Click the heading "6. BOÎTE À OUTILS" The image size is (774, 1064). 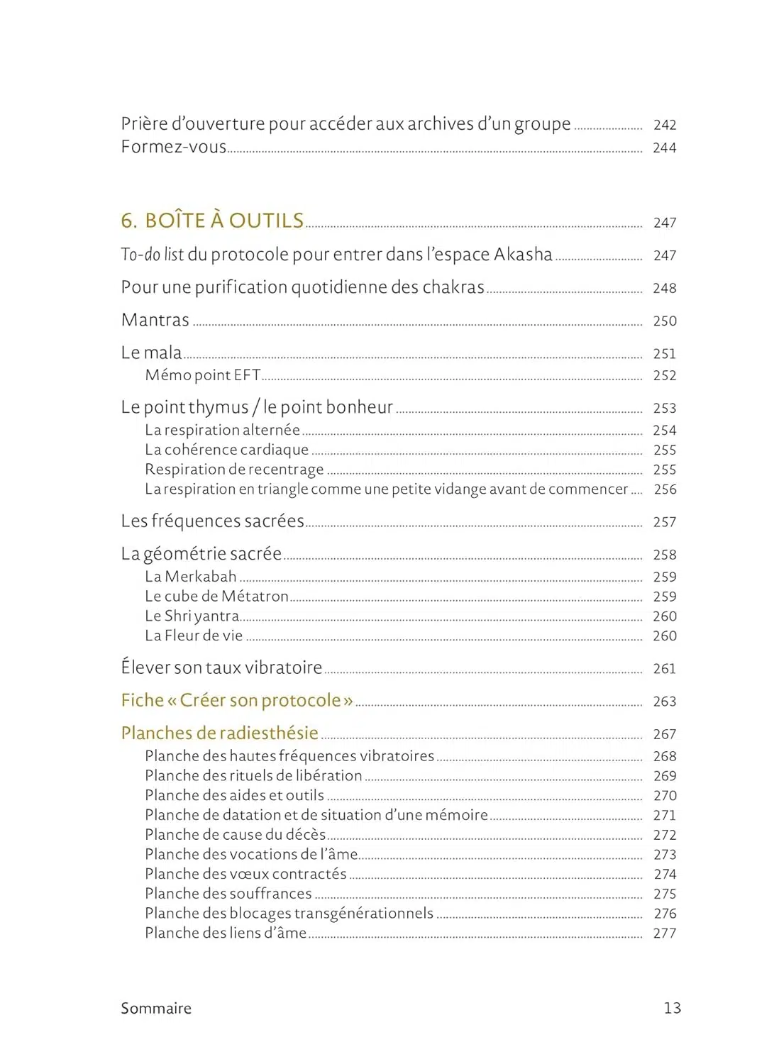tap(212, 221)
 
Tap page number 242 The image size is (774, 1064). tap(664, 125)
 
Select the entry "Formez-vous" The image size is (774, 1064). tap(173, 147)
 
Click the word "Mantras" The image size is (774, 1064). tap(155, 320)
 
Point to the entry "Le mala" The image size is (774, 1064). tap(151, 353)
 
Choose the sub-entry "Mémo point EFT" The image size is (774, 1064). tap(202, 375)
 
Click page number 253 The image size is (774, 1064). tap(664, 408)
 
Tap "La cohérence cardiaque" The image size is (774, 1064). tap(226, 450)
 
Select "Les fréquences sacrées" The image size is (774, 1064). tap(212, 521)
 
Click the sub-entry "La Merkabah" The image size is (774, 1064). tap(190, 577)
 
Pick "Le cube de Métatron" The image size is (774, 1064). tap(216, 597)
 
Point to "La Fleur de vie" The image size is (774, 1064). tap(194, 636)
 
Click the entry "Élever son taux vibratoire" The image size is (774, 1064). tap(221, 667)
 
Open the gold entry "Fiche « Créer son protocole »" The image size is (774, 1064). tap(237, 701)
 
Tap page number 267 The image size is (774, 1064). tap(664, 734)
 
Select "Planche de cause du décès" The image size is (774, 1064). tap(235, 835)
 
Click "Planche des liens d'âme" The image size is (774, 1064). tap(226, 933)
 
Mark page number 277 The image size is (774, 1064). tap(664, 933)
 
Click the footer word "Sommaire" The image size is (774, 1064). tap(156, 1008)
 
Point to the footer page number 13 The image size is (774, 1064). tap(672, 1008)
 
